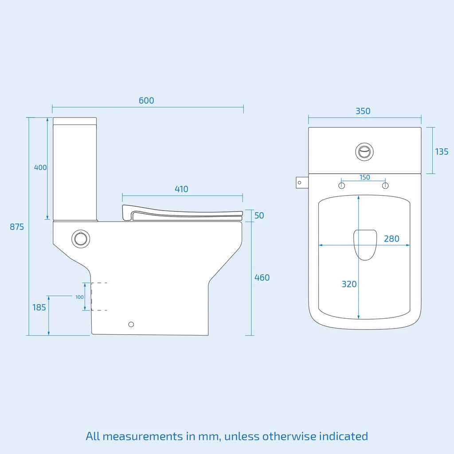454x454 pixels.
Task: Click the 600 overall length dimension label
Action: (146, 101)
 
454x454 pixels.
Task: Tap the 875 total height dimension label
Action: (17, 227)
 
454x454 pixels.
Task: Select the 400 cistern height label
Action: (40, 167)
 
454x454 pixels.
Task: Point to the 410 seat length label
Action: (181, 189)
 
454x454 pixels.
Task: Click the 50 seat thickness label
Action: (259, 215)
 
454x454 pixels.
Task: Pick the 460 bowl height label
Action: (262, 278)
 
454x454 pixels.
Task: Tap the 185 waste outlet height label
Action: (39, 307)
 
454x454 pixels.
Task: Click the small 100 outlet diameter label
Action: (79, 297)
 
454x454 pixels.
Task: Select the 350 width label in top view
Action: (363, 111)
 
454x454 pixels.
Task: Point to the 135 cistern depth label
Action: (442, 152)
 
